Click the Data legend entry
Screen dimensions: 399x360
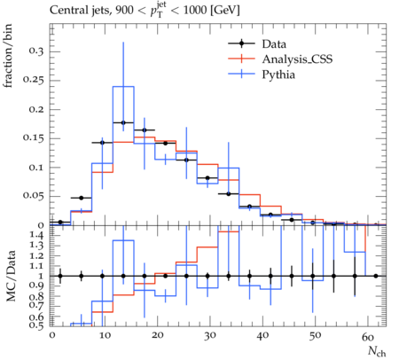pos(274,44)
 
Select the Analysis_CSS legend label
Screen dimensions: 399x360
pos(297,59)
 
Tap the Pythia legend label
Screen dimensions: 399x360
pos(278,74)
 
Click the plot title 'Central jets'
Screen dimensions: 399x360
pos(79,11)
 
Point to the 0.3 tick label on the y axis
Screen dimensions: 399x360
pos(36,51)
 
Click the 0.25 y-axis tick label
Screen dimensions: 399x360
pos(34,80)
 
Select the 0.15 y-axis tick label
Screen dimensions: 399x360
pos(34,138)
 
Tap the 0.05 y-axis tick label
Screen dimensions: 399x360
pos(34,196)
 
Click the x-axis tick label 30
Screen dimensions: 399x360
pos(209,336)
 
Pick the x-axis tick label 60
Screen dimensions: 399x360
pos(368,336)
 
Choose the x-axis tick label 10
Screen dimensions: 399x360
pos(105,336)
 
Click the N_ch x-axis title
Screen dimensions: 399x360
pos(377,351)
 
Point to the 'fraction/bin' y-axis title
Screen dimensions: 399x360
pos(8,56)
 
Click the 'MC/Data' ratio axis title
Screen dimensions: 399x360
pos(11,276)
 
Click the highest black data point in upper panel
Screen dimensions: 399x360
pos(123,122)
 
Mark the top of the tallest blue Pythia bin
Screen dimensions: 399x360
pos(123,87)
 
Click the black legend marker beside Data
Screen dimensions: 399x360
pos(241,43)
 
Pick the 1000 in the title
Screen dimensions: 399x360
pos(195,11)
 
